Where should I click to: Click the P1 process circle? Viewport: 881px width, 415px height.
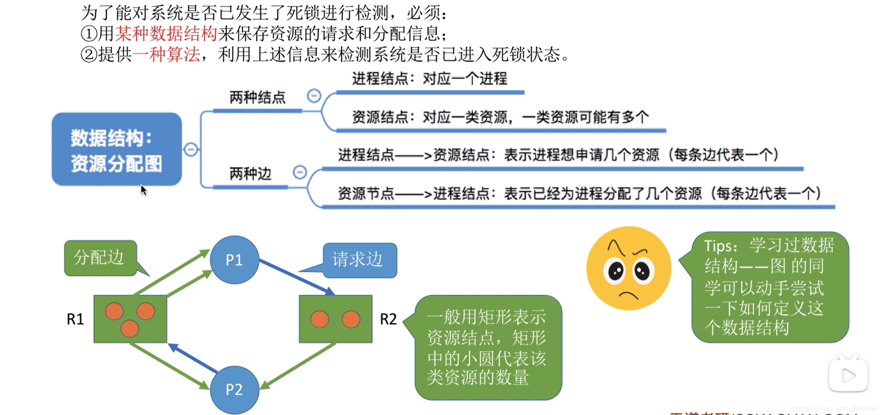234,260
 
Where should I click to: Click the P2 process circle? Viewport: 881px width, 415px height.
234,389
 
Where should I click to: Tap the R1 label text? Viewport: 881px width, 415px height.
75,319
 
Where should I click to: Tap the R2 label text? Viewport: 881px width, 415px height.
388,319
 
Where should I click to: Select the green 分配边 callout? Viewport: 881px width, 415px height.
100,258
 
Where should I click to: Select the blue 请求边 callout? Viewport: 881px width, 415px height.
360,260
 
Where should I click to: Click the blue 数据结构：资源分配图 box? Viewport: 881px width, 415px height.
117,149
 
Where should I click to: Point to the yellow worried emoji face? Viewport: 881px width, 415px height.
628,268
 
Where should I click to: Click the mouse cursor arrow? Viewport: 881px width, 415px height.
143,190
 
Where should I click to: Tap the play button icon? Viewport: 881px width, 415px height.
848,376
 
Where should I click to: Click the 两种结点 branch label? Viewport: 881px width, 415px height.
257,97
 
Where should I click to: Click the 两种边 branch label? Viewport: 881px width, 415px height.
250,174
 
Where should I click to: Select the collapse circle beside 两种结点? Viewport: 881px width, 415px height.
314,96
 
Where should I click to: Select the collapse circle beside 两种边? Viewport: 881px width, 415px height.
300,172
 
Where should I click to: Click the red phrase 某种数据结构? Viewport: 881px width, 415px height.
166,34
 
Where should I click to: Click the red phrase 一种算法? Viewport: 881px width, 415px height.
166,55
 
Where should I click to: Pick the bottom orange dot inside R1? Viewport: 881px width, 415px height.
129,329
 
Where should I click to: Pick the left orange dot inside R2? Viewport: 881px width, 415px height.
319,319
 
